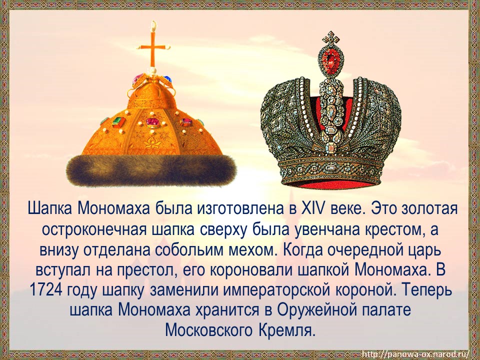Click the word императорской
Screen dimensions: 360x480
(x=268, y=290)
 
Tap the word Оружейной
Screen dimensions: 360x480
(x=316, y=310)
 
